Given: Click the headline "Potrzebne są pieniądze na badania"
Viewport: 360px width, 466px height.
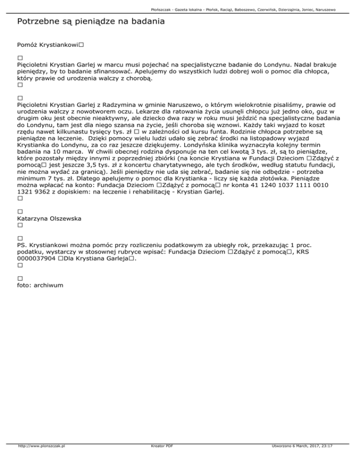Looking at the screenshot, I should point(90,22).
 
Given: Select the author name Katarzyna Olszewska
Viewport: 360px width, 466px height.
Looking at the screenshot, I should point(49,218).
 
